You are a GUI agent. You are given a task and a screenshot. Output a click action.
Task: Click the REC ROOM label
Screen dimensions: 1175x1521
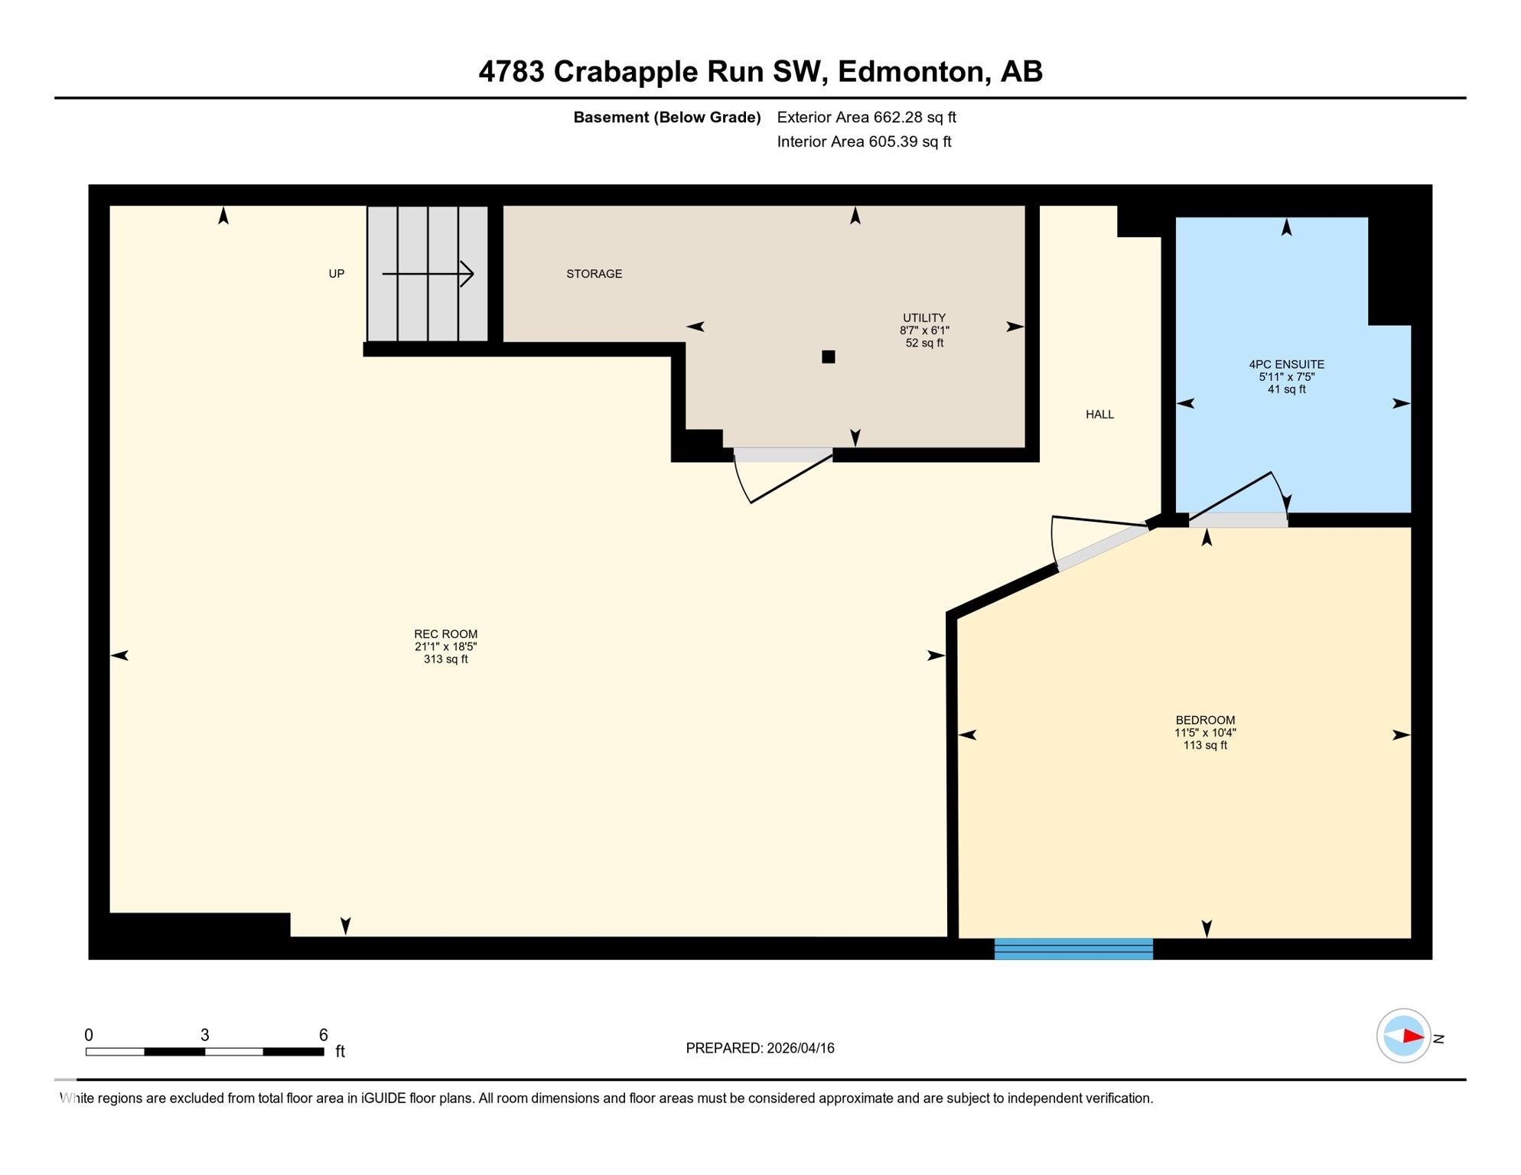445,634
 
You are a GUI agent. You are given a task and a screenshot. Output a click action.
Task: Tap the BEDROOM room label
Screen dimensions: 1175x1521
1205,721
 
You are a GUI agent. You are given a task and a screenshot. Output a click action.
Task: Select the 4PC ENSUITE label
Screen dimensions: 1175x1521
1286,365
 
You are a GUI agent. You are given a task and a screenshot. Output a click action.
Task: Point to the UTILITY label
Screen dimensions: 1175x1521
923,318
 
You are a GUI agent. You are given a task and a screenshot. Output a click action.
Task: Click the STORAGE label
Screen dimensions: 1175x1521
594,274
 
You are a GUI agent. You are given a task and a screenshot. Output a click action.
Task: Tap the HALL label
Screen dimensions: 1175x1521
1099,415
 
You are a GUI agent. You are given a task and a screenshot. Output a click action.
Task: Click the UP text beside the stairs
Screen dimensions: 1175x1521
336,274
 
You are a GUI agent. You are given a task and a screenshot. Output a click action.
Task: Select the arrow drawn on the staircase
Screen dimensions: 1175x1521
428,274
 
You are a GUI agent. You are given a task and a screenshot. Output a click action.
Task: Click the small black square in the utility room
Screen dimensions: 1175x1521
828,356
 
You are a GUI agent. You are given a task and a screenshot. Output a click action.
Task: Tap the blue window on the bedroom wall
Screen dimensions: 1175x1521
1073,949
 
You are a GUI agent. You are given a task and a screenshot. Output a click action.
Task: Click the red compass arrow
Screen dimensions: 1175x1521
1412,1037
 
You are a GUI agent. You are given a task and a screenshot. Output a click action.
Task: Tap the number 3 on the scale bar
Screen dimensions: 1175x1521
204,1035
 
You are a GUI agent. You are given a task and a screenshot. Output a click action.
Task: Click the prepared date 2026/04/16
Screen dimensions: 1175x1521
797,1048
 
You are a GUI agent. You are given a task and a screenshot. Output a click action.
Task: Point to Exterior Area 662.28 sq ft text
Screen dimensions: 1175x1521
866,118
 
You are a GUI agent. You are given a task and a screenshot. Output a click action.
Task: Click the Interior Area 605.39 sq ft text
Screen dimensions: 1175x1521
864,142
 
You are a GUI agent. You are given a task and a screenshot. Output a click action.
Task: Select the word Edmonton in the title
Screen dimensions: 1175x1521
910,72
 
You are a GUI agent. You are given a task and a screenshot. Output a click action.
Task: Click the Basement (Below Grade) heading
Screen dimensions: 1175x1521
666,118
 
